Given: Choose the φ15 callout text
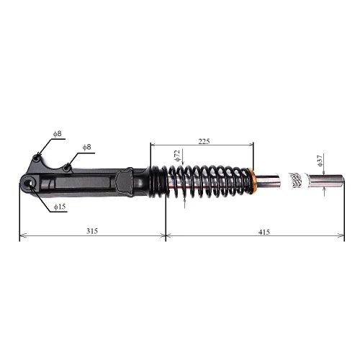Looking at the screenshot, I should coord(59,208).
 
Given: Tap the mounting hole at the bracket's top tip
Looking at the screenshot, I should coord(37,157).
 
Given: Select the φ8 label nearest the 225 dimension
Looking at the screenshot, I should coord(87,147).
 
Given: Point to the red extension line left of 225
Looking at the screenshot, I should coord(150,162).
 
